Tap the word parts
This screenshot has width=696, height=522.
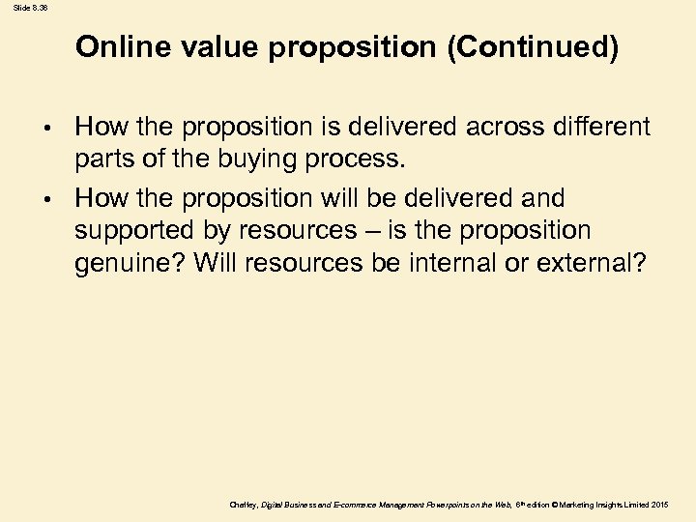[x=105, y=159]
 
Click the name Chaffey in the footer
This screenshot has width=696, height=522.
[x=244, y=505]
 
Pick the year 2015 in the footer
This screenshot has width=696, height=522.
[x=660, y=505]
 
